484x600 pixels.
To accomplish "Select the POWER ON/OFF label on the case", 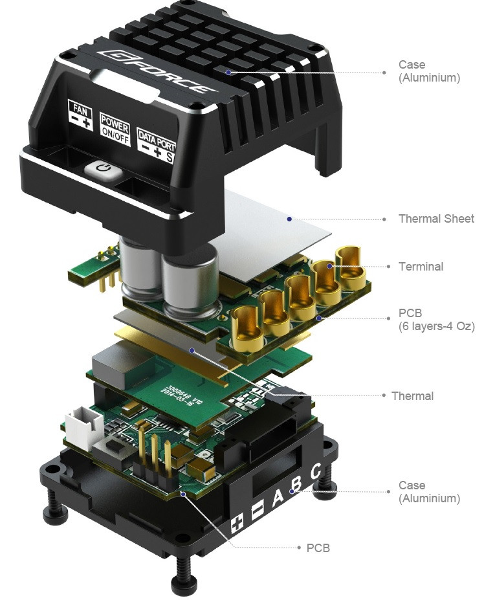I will coord(115,128).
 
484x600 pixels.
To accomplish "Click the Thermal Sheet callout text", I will coord(436,219).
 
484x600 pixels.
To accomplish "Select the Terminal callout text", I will coord(421,266).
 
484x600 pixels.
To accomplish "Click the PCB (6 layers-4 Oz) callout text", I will coord(436,320).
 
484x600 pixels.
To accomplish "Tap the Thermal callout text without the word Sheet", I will coord(412,395).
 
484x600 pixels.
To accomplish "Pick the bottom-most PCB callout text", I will coord(318,548).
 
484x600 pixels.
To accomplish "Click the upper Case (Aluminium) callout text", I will coord(429,71).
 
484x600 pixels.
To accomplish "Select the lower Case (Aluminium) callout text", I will coord(429,491).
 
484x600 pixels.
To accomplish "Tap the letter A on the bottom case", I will coord(278,498).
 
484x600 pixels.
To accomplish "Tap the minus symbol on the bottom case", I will coord(257,510).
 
